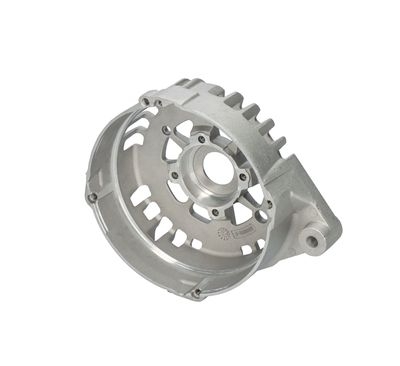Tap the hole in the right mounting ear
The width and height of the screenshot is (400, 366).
tap(315, 241)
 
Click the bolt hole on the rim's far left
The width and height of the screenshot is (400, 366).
tap(93, 197)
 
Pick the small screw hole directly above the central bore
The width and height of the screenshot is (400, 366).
tap(203, 139)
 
